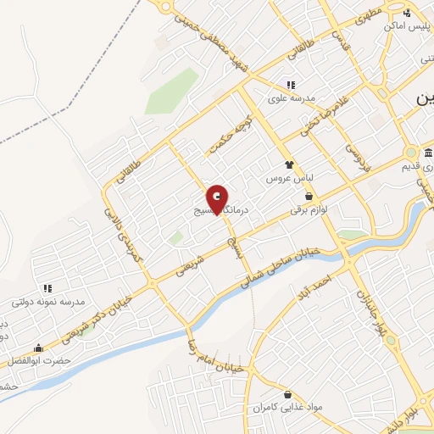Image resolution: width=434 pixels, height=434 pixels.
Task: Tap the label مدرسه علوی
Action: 292,98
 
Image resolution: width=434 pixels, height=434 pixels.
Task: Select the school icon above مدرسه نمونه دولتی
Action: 47,288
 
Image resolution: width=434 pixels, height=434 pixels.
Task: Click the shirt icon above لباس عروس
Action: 291,165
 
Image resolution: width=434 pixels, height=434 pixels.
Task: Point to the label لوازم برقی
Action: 309,209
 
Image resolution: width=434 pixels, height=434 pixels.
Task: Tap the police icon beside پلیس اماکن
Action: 408,13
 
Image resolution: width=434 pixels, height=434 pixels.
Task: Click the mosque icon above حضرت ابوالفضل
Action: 38,348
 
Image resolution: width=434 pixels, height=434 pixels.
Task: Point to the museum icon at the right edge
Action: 429,154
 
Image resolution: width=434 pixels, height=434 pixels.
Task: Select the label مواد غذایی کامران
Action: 287,409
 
